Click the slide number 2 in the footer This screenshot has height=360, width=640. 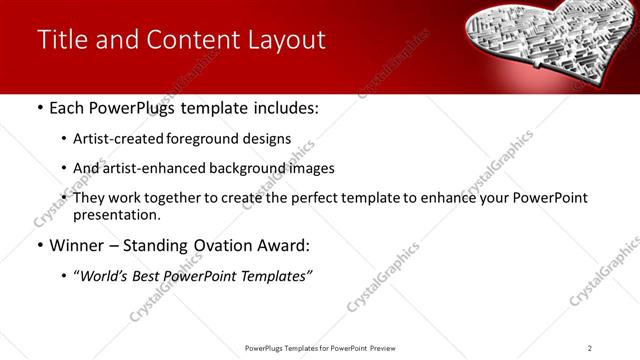pos(590,348)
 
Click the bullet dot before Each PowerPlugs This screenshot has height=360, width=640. pos(39,108)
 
